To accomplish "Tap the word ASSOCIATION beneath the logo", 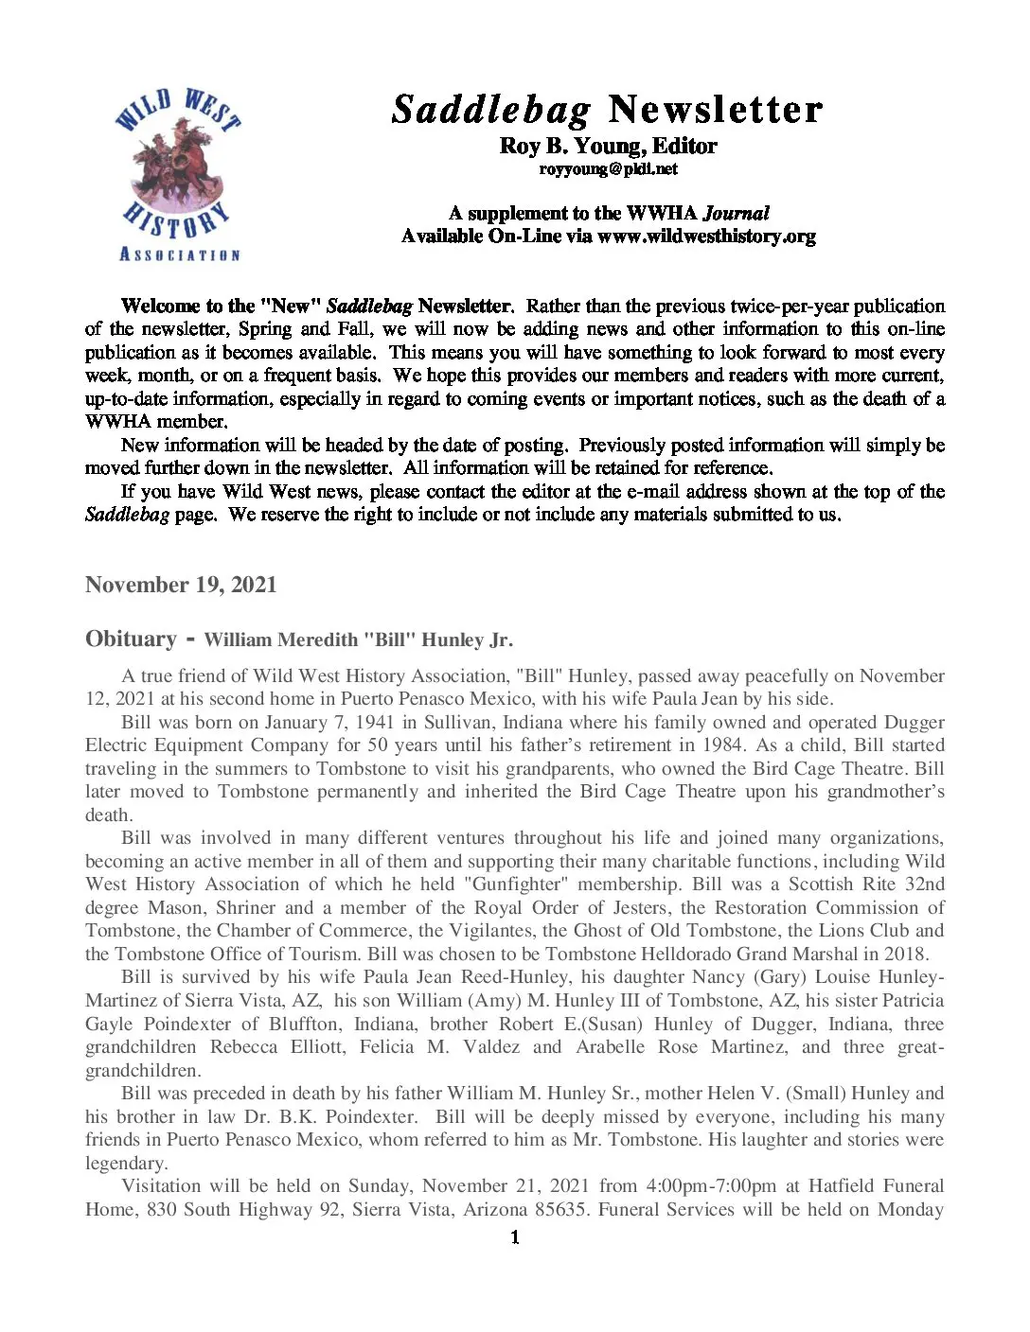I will (179, 254).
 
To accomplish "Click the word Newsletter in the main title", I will (715, 110).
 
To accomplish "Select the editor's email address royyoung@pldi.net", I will (608, 169).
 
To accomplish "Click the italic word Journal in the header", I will (736, 213).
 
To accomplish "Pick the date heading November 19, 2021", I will (181, 585).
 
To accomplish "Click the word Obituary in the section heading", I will (131, 639).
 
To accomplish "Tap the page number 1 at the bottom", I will (514, 1237).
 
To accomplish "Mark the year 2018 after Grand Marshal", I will (907, 954).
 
